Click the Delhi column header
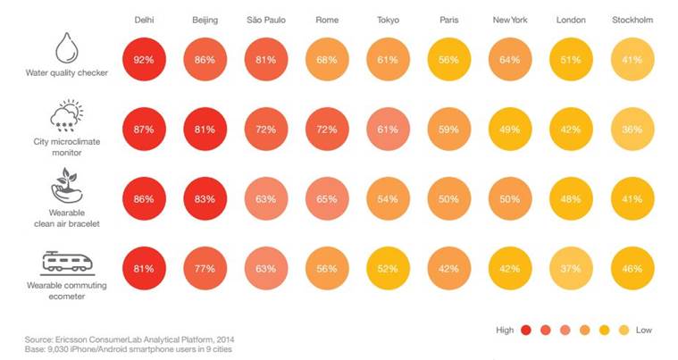pyautogui.click(x=144, y=20)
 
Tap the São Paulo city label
pyautogui.click(x=265, y=20)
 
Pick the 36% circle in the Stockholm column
pyautogui.click(x=631, y=130)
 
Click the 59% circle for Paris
pyautogui.click(x=448, y=130)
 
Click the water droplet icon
pyautogui.click(x=66, y=48)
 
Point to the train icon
pyautogui.click(x=66, y=261)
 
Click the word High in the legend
pyautogui.click(x=505, y=330)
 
